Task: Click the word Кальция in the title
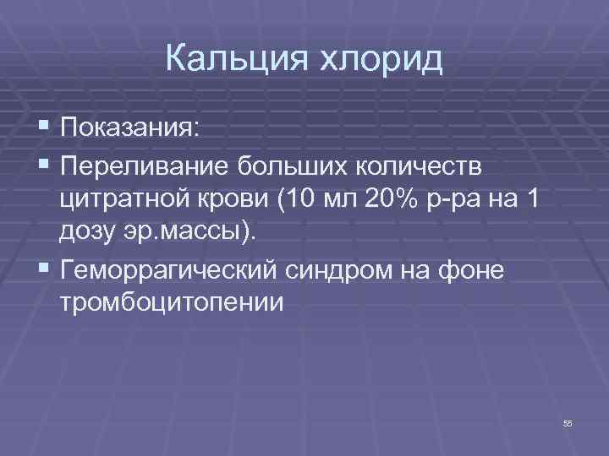(x=239, y=60)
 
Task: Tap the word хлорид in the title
(x=381, y=60)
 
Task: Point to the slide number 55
(x=568, y=423)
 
